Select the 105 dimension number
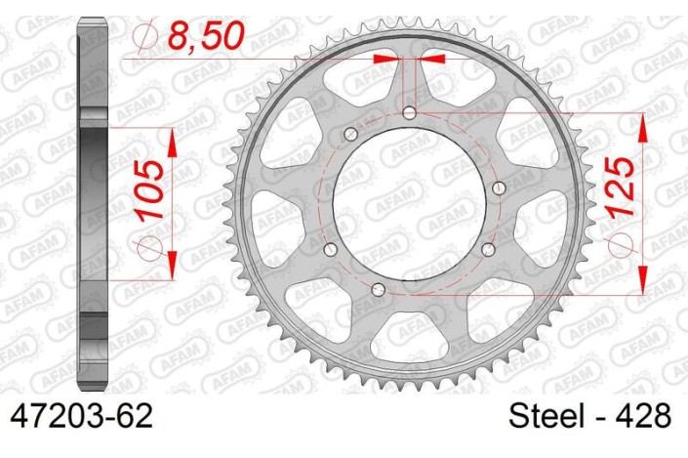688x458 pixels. pyautogui.click(x=145, y=190)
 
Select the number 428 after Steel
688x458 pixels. pyautogui.click(x=642, y=417)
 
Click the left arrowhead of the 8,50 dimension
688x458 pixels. pyautogui.click(x=390, y=59)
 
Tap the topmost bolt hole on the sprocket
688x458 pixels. pyautogui.click(x=409, y=113)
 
